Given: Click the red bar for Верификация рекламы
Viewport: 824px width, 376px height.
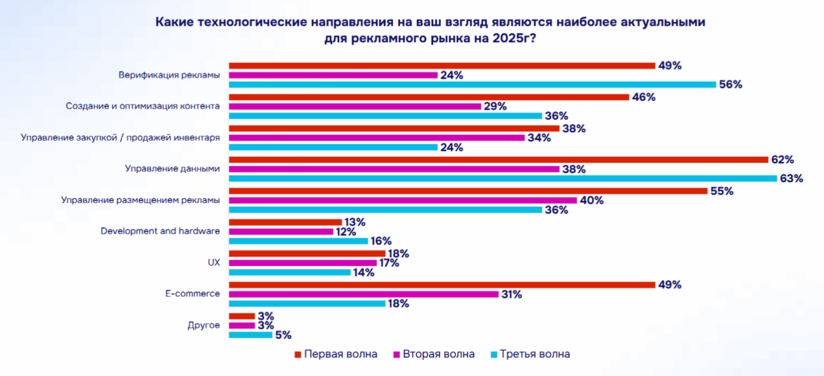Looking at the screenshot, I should tap(441, 65).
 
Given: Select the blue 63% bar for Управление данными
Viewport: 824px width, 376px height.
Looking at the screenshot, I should tap(502, 178).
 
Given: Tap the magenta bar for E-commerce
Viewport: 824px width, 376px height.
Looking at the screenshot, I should tap(364, 294).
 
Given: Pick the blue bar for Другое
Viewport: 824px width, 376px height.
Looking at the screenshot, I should tap(251, 335).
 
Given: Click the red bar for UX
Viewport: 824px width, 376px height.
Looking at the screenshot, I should tap(307, 253).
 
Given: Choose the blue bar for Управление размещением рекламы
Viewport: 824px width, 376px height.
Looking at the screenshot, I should tap(385, 209).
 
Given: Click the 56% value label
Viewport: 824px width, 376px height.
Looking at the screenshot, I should tap(732, 85).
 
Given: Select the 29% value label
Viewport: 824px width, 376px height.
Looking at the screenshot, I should tap(495, 106).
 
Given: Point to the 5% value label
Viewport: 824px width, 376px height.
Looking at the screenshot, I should tap(283, 335).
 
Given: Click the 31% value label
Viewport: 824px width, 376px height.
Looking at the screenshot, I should tap(511, 294).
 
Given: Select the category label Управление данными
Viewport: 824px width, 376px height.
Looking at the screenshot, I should tap(172, 169).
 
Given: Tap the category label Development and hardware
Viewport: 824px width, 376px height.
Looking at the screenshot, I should tap(160, 230).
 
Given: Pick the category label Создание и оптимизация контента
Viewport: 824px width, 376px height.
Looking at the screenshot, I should tap(143, 106).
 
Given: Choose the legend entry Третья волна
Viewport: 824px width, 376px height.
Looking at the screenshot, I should tap(535, 354).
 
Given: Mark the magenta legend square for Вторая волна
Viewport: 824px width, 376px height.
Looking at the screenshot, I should tap(396, 354).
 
